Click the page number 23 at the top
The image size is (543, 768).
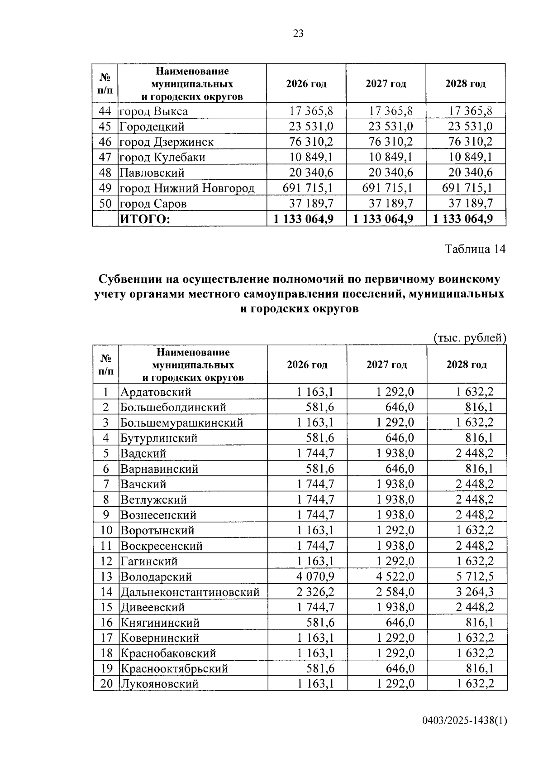click(298, 34)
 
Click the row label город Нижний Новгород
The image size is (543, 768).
click(187, 188)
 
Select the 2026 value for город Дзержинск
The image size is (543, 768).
click(311, 142)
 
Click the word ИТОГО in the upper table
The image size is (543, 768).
click(145, 219)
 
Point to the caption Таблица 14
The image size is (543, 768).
click(475, 249)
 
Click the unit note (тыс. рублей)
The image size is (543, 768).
click(469, 338)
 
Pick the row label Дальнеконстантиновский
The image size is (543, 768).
click(190, 592)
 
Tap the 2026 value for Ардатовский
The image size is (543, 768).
click(315, 392)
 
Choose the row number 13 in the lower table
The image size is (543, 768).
click(106, 576)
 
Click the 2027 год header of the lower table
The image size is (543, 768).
click(387, 365)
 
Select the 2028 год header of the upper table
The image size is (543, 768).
click(466, 84)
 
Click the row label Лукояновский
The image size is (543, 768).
click(159, 684)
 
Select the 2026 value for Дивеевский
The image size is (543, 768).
click(315, 607)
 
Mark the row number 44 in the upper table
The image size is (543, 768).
click(105, 111)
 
